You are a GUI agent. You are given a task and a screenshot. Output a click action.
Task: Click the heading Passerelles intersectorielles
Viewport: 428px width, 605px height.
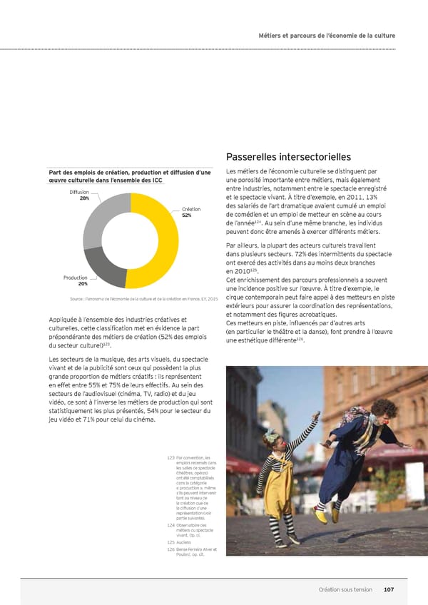[x=287, y=157]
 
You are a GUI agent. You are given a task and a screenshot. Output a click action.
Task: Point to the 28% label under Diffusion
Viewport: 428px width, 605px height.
[x=84, y=198]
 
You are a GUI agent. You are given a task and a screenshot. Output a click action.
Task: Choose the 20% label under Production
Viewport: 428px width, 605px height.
[x=83, y=284]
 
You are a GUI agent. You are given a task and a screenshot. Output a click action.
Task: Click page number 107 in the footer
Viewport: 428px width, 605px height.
[x=389, y=589]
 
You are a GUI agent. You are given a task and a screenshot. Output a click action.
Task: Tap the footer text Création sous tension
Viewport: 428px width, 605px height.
[x=345, y=589]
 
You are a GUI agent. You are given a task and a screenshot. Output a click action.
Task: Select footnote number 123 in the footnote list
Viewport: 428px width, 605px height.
[x=170, y=457]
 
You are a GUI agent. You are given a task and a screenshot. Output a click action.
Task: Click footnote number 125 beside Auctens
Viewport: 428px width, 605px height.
[x=170, y=542]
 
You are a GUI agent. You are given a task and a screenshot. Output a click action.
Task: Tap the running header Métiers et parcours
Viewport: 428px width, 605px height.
[x=327, y=36]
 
